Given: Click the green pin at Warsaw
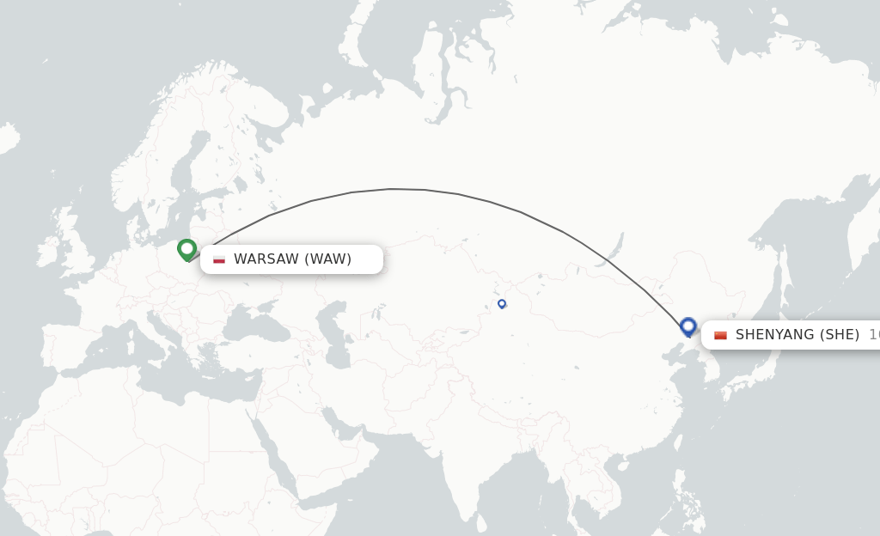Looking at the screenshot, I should [x=186, y=249].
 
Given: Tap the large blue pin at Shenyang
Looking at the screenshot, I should [x=687, y=326].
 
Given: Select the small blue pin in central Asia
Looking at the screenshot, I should [x=502, y=303].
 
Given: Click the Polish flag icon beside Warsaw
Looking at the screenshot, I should [x=219, y=259].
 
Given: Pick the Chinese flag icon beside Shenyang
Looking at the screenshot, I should [x=720, y=335].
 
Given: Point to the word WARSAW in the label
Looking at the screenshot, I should [x=266, y=259].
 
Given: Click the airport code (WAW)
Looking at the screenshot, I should [x=328, y=259].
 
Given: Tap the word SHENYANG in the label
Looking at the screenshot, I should [x=774, y=335].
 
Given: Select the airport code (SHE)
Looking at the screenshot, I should [x=840, y=335].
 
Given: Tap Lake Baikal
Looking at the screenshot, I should [x=613, y=249].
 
